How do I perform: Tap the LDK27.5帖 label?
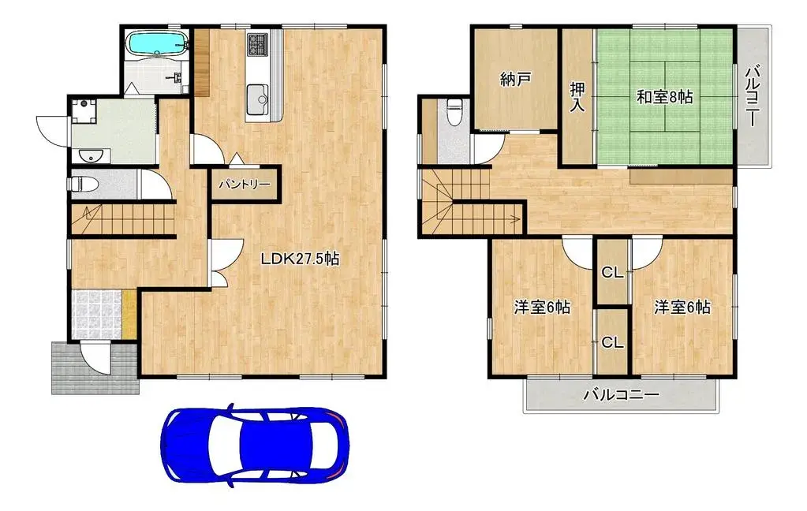301,259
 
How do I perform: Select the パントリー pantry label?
245,184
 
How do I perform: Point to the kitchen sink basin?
258,100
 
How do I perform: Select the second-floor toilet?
454,112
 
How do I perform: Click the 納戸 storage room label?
516,79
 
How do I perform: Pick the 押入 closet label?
577,96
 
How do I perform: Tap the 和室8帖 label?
664,97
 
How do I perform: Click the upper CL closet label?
612,274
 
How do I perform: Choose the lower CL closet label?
612,342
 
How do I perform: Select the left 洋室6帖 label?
542,308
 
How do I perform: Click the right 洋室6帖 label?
682,307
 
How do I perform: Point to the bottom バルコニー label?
621,394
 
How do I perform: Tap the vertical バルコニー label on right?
753,96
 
